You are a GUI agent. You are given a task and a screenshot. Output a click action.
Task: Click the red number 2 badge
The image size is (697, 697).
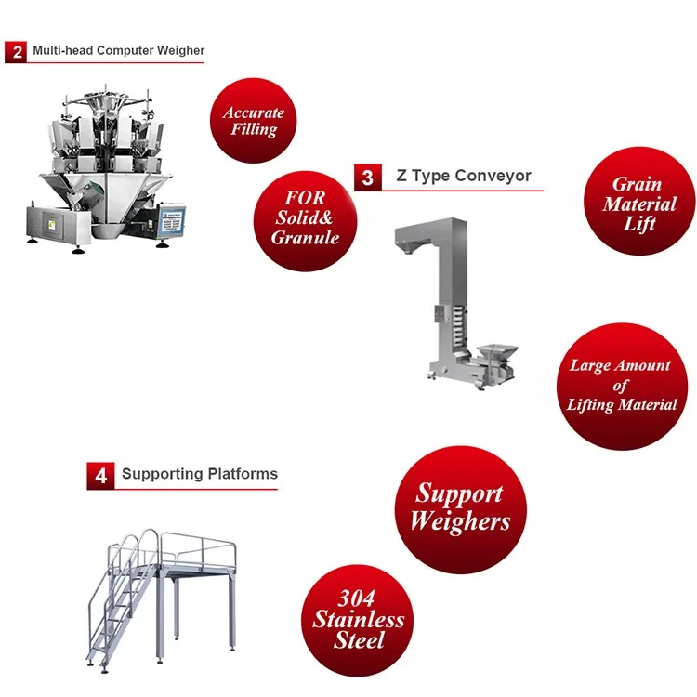click(x=16, y=52)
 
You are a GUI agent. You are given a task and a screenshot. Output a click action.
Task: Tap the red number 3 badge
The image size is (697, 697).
click(x=368, y=178)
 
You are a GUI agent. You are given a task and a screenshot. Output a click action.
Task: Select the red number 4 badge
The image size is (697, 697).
click(x=100, y=476)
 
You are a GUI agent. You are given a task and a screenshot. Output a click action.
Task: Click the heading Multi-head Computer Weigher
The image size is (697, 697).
click(x=119, y=50)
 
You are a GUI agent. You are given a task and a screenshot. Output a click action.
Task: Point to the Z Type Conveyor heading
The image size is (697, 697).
click(x=464, y=176)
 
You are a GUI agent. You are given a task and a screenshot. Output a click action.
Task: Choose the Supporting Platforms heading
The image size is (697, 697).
click(x=200, y=474)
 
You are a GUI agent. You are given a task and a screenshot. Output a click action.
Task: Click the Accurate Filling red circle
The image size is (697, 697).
click(x=254, y=121)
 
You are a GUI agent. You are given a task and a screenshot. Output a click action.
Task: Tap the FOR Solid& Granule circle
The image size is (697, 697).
click(x=306, y=221)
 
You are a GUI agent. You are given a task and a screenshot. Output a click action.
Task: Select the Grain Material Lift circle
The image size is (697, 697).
click(x=639, y=201)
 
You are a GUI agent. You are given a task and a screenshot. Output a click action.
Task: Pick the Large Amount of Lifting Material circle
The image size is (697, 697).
click(x=622, y=387)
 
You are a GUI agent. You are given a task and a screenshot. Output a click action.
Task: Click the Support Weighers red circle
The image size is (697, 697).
click(x=461, y=509)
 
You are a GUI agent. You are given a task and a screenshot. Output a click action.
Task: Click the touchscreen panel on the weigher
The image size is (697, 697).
click(x=173, y=219)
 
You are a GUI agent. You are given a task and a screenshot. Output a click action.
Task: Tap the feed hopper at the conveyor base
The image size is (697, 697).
click(x=496, y=351)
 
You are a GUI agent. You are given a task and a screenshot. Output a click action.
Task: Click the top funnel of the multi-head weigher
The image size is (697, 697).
click(x=105, y=103)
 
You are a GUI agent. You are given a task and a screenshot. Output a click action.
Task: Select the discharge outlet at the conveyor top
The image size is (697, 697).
click(x=410, y=246)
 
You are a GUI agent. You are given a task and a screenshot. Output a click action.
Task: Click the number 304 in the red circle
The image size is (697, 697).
click(x=357, y=598)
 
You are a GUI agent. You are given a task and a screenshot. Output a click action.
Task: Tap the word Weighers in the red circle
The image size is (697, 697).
click(x=460, y=521)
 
